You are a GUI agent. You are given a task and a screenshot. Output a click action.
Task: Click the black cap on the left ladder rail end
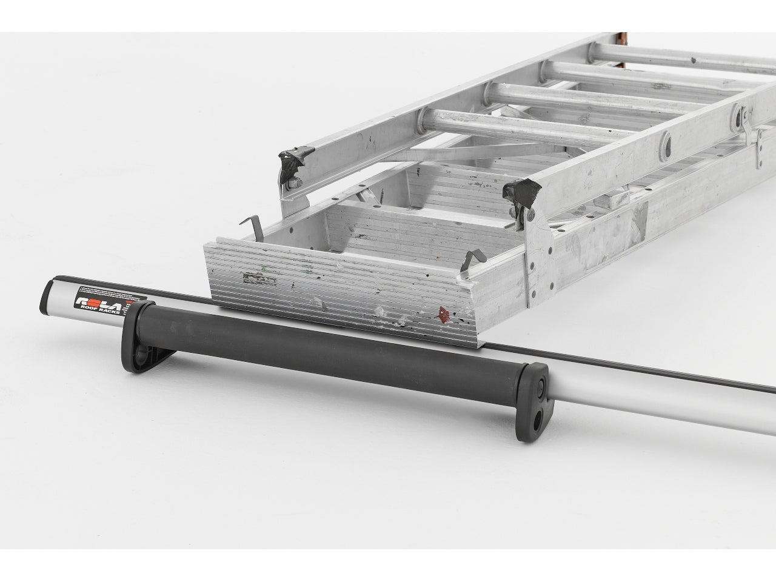(293, 159)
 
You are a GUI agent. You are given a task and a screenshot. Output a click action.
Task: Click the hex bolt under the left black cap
(293, 181)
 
